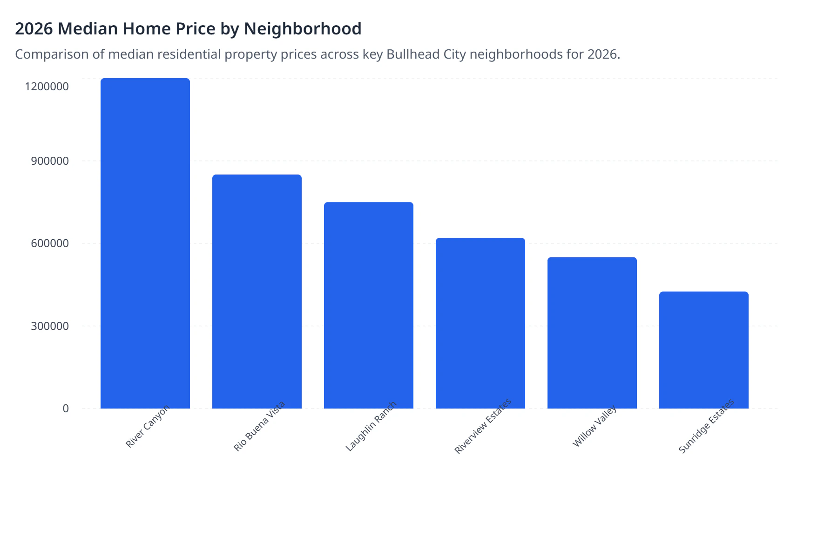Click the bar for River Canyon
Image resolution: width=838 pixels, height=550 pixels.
pos(145,243)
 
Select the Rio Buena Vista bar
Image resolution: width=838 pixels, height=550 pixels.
pos(257,292)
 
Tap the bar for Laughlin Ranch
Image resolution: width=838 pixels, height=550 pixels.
pos(369,305)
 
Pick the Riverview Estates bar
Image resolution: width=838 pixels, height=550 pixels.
pos(480,323)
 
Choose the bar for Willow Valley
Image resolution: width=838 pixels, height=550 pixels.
pos(592,333)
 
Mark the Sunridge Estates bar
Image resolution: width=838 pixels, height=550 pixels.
pos(704,350)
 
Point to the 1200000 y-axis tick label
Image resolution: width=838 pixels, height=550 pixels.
pos(47,87)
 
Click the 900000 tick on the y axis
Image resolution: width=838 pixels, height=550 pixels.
pos(50,161)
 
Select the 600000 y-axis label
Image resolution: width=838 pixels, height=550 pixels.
pos(50,243)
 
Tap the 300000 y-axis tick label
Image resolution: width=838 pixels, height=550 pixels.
pos(50,326)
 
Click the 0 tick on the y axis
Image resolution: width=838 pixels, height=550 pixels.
pos(66,409)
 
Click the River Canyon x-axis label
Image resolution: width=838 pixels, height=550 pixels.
pos(148,426)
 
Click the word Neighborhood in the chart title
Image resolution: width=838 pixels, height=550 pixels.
pos(303,29)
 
